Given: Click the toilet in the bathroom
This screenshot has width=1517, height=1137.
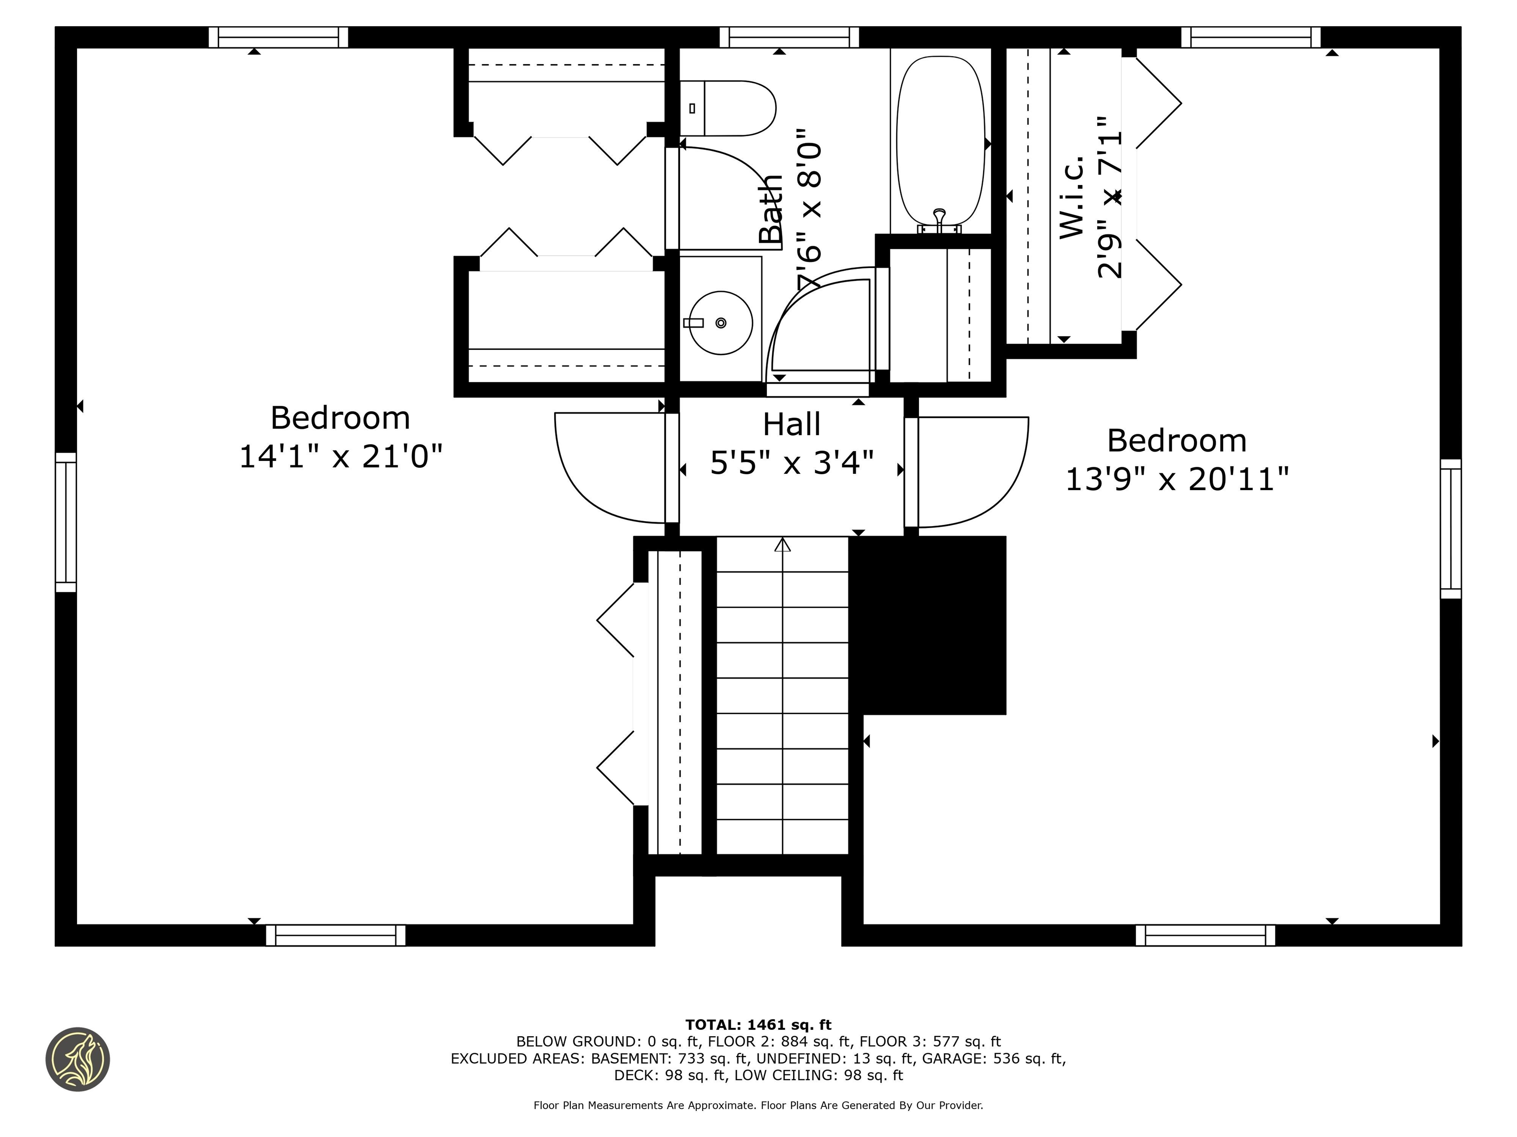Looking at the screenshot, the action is coord(728,108).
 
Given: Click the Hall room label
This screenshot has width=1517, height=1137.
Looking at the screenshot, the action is coord(792,424).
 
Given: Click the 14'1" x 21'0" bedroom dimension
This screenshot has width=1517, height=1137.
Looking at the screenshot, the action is coord(340,456).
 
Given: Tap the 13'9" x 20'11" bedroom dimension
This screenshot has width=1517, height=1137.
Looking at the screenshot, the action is coord(1177,479).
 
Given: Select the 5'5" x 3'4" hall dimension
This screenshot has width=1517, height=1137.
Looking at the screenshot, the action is coord(792,462).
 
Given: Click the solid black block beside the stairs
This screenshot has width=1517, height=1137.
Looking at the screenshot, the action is coord(927,625).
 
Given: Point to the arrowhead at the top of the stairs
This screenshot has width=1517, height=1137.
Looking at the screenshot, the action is coord(783,545).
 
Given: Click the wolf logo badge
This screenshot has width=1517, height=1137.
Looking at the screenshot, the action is coord(78,1059).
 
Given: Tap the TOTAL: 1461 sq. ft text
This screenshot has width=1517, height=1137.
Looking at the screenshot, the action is coord(758,1024).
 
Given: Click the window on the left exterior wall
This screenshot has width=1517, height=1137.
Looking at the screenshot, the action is coord(66,522).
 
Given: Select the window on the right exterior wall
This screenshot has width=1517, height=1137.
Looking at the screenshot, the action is coord(1450,529).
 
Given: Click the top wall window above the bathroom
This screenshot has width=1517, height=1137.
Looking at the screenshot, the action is coord(789,37).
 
